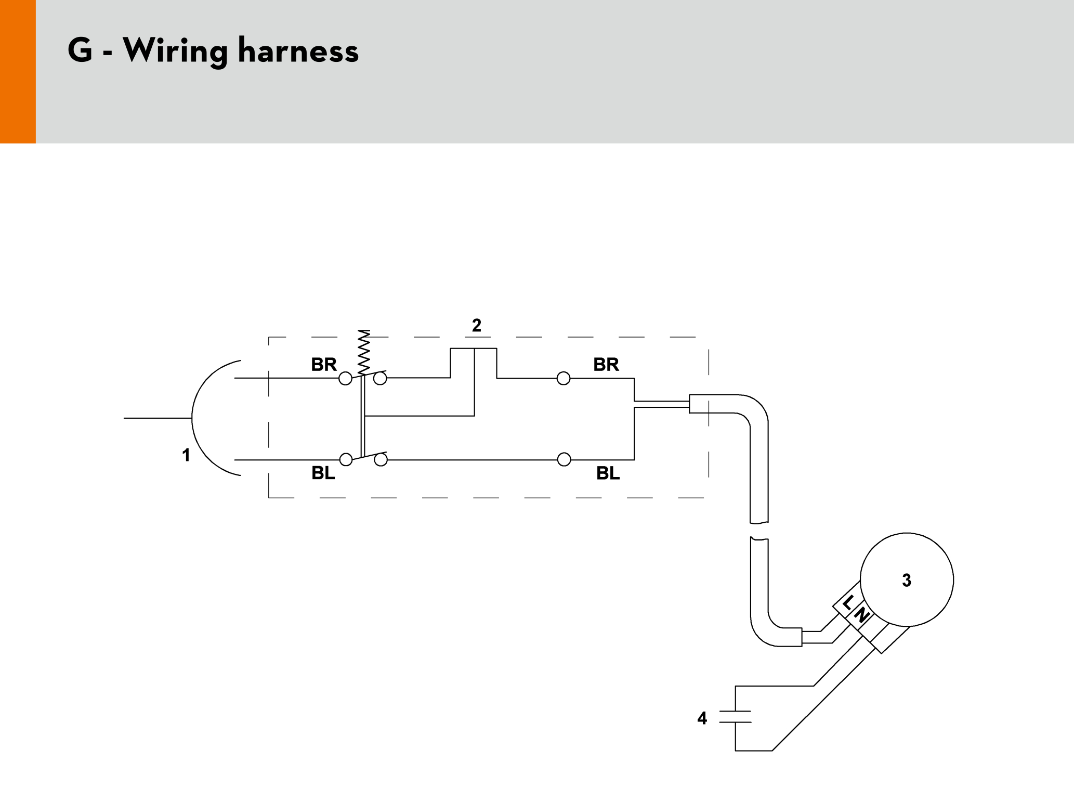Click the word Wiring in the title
click(x=175, y=51)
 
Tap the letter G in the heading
click(x=80, y=50)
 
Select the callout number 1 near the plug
click(x=186, y=455)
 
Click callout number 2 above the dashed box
click(x=477, y=326)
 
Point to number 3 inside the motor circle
click(x=907, y=580)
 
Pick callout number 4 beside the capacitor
click(x=702, y=718)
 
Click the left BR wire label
click(x=323, y=365)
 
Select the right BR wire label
click(x=606, y=365)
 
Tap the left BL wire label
click(x=323, y=473)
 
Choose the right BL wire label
click(x=608, y=473)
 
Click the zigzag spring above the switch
click(x=364, y=352)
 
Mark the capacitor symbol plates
click(x=735, y=717)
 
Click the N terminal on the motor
click(x=861, y=615)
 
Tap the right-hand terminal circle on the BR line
click(x=564, y=378)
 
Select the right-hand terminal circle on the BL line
click(x=564, y=460)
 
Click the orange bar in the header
click(x=18, y=71)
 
